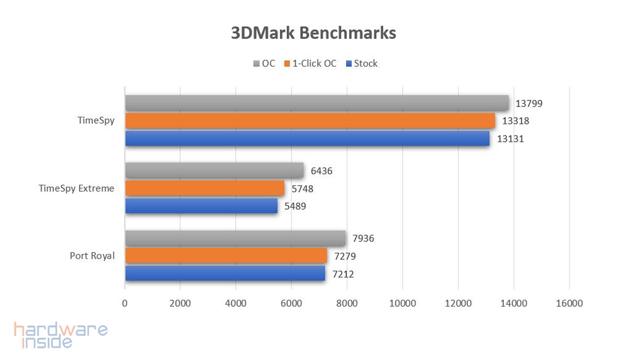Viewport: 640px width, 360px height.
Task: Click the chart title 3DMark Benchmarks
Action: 313,33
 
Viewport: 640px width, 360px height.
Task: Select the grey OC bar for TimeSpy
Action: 317,103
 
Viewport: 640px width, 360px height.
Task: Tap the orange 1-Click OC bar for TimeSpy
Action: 310,120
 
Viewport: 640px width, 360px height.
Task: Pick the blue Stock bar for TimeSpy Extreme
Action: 201,206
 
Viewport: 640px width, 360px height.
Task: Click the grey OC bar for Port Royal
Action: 235,238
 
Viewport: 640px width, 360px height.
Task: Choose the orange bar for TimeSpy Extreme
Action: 205,188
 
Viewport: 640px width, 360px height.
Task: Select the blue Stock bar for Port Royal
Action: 225,273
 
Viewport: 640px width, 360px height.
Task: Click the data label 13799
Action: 529,104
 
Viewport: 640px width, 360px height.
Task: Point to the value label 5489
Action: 295,206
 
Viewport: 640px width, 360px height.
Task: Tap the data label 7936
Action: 363,238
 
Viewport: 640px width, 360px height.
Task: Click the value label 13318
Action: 515,121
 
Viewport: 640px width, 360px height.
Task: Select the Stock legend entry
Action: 362,63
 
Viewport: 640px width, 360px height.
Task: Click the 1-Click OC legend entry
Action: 310,63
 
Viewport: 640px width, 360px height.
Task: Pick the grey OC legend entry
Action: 264,63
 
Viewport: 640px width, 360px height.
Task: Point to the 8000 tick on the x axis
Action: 347,303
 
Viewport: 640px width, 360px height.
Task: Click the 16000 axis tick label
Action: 569,303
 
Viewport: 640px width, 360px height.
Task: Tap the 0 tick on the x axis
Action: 125,303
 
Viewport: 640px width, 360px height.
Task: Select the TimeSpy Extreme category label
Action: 76,188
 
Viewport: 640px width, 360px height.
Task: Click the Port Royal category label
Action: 92,256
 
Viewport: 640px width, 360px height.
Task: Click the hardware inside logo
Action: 61,335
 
